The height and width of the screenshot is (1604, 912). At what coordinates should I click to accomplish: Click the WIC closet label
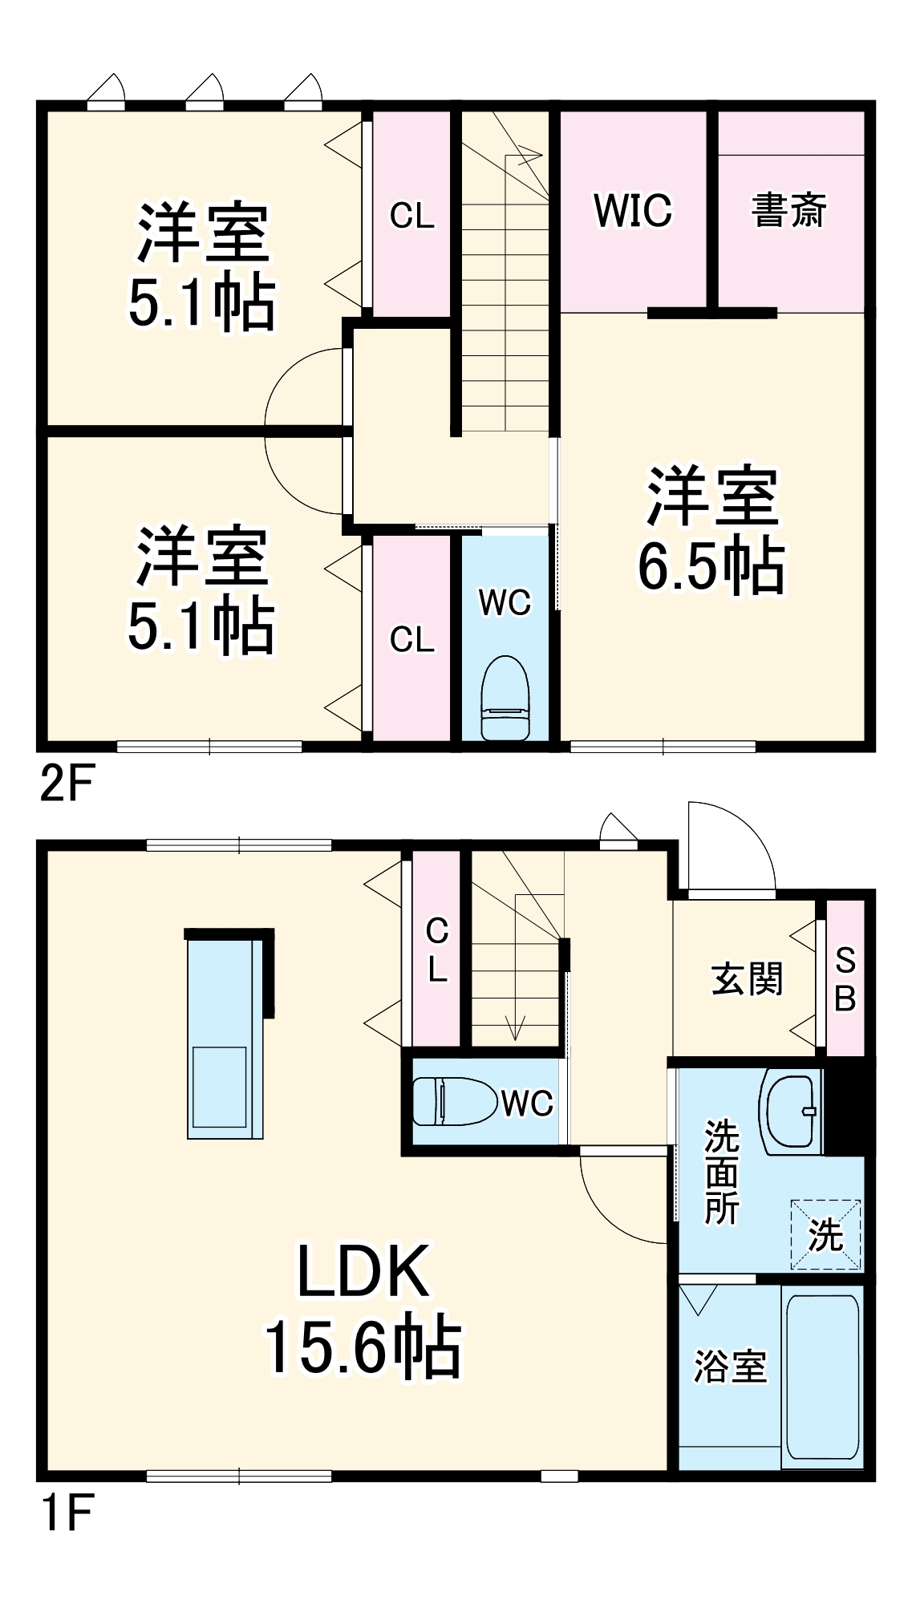tap(633, 211)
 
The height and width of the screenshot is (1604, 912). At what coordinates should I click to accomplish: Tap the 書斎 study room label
tap(789, 211)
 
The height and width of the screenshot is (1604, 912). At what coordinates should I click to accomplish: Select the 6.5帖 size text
tap(711, 566)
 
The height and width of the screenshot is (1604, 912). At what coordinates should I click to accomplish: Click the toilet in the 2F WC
tap(505, 698)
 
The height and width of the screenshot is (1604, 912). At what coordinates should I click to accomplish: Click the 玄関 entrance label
tap(747, 979)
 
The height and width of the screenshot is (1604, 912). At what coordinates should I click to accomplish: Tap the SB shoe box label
tap(845, 979)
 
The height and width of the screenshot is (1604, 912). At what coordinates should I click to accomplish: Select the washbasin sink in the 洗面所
tap(792, 1111)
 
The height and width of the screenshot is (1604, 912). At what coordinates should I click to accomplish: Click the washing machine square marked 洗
tap(825, 1234)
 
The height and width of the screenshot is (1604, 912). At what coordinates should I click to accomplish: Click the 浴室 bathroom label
tap(730, 1366)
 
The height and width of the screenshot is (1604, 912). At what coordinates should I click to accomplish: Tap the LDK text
tap(363, 1272)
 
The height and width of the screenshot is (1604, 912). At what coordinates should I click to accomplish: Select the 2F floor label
tap(67, 784)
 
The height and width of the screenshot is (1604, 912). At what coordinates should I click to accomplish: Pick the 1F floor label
tap(67, 1513)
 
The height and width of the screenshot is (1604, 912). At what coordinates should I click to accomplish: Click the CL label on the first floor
tap(437, 950)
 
